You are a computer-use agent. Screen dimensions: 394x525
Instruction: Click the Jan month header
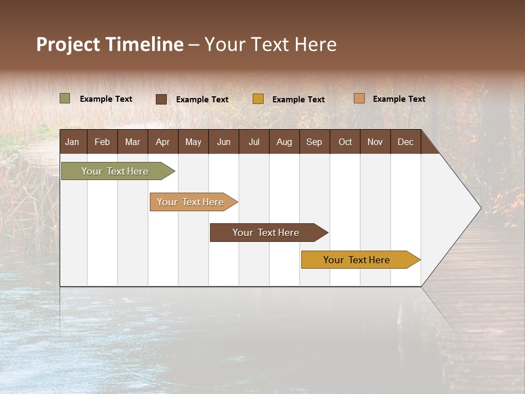coord(72,142)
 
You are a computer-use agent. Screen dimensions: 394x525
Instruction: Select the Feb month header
coord(102,142)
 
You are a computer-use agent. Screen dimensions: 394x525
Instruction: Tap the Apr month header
coord(162,142)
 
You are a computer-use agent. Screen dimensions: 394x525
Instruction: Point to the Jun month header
coord(224,142)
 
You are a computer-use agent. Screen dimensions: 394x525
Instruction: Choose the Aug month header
coord(284,142)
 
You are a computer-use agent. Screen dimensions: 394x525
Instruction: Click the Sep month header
coord(314,142)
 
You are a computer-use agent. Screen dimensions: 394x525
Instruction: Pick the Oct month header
coord(345,142)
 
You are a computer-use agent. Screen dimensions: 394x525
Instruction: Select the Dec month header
coord(405,142)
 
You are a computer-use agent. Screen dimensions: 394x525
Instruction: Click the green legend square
coord(65,99)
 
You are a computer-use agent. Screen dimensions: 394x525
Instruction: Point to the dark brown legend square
coord(161,99)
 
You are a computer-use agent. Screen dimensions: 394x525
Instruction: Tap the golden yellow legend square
coord(258,99)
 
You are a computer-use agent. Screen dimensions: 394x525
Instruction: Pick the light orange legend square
coord(359,99)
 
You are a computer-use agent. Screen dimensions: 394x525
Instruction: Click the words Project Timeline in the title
coord(110,44)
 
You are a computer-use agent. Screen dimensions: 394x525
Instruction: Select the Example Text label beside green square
coord(106,99)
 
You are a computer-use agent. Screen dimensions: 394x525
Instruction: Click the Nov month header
coord(375,142)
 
